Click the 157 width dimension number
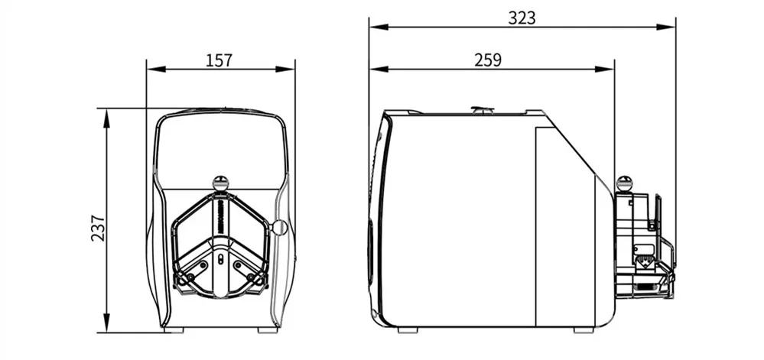click(219, 60)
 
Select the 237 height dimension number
click(98, 228)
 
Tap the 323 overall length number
click(522, 18)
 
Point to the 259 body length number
click(488, 60)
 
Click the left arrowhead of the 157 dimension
click(156, 70)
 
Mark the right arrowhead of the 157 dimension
click(285, 70)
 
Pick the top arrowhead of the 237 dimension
click(107, 118)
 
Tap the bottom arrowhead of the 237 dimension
click(107, 323)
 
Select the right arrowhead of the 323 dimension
click(665, 27)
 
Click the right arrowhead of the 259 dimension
click(605, 70)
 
